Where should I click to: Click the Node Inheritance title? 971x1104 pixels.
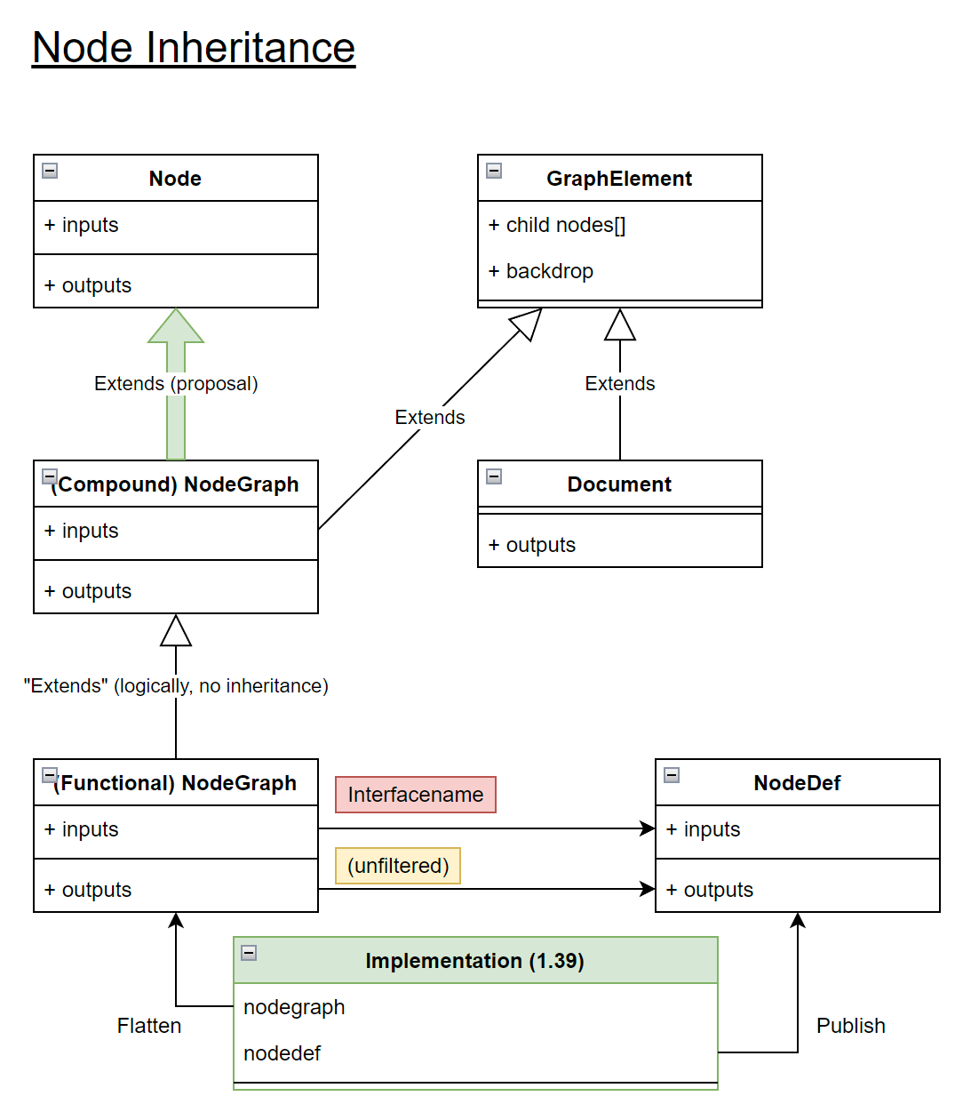pos(194,48)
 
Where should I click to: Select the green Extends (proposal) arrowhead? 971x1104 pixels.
pos(176,327)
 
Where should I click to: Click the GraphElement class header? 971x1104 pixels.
pos(619,179)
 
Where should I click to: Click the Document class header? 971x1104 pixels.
pos(619,484)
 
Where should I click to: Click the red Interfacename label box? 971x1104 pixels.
pos(415,795)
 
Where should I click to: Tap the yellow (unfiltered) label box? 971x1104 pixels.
pos(398,866)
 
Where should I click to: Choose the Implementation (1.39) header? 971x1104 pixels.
pos(474,961)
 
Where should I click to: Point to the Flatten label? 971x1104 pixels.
pos(149,1026)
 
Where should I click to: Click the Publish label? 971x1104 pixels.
pos(850,1026)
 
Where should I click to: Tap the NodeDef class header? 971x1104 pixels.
pos(797,783)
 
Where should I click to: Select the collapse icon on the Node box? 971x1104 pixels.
pos(50,171)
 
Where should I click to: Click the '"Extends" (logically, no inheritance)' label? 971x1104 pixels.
pos(176,686)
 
